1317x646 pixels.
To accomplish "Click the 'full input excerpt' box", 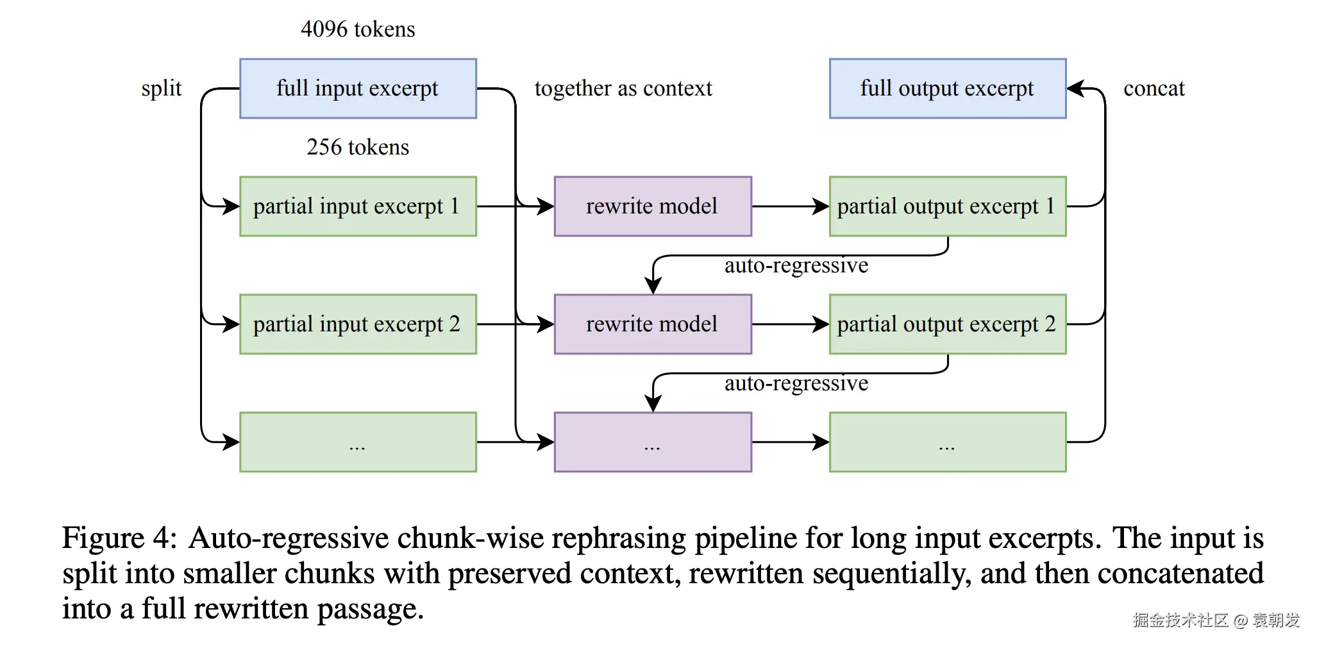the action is coord(358,88).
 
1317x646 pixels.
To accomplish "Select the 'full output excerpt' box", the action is coord(948,88).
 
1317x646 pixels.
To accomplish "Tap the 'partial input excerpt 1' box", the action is coord(358,206).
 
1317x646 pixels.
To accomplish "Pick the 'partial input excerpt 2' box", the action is coord(358,324).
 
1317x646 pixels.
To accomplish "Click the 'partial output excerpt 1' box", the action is coord(948,206).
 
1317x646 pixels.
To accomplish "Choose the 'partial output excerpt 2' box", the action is coord(948,324).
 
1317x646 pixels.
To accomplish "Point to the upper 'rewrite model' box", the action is coord(653,206).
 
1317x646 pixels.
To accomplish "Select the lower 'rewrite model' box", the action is coord(653,324).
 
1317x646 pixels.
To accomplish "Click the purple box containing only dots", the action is coord(653,442).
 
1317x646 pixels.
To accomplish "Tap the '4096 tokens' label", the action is coord(358,29).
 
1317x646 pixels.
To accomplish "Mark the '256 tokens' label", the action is coord(358,147).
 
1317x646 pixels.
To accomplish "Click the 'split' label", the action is coord(162,88).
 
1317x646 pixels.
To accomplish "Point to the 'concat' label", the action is coord(1154,88).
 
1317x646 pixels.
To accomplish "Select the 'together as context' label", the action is coord(623,88).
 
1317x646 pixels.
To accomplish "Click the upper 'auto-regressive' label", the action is coord(796,265).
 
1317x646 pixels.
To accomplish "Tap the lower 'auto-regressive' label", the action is coord(796,383).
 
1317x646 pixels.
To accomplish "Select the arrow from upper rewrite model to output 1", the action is coord(791,206).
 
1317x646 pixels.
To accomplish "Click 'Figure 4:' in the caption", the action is coord(119,538).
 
